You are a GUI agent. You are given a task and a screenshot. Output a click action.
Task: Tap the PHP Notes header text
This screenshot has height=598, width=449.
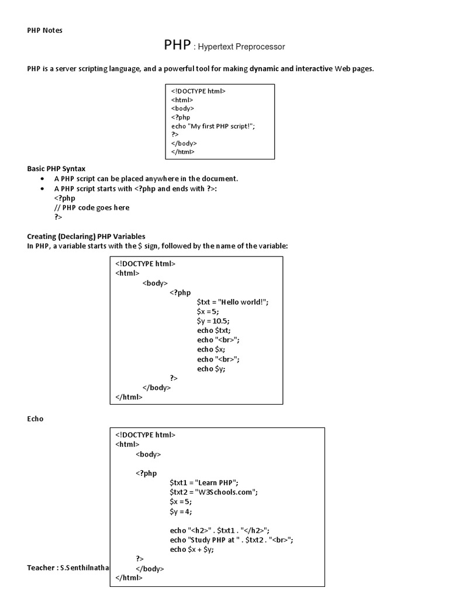click(44, 30)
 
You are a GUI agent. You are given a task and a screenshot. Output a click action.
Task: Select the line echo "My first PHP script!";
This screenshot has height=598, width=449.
click(213, 126)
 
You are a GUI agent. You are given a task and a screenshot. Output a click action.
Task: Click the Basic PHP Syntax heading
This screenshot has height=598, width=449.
click(56, 168)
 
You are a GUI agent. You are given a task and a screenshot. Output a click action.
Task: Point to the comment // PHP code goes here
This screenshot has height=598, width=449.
click(92, 207)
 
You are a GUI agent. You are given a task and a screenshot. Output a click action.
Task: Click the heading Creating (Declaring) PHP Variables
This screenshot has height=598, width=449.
click(86, 236)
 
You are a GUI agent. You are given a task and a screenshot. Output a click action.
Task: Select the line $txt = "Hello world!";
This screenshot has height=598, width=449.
click(233, 301)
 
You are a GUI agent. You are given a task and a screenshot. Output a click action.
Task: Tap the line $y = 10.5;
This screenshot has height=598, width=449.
click(213, 321)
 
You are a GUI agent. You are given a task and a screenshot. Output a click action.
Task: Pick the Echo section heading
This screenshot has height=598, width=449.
click(35, 419)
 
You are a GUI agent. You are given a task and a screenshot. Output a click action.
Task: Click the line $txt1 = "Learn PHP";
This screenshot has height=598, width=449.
click(204, 482)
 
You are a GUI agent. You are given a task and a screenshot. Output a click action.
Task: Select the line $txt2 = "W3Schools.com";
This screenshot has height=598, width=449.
click(213, 492)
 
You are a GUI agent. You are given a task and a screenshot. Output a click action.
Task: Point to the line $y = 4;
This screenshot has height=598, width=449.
click(181, 511)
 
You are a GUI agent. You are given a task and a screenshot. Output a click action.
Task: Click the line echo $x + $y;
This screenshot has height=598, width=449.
click(192, 549)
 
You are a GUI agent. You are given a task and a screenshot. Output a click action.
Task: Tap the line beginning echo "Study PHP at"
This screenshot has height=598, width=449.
click(232, 540)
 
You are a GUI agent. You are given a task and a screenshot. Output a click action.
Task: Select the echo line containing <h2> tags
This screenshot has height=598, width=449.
click(219, 530)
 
